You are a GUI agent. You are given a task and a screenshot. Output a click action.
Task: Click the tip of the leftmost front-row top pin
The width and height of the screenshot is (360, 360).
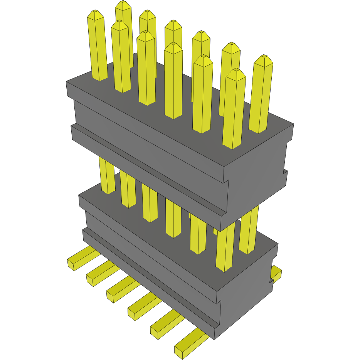click(x=96, y=15)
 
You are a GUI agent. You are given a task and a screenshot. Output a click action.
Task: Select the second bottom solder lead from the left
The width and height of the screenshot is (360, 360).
click(x=100, y=273)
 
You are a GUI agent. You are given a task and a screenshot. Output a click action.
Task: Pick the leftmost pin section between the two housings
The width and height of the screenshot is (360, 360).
click(x=107, y=175)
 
